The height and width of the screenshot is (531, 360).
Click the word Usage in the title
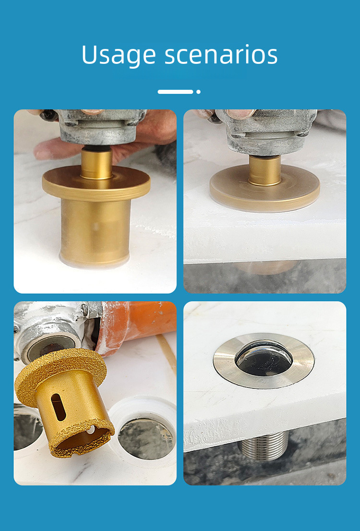point(119,55)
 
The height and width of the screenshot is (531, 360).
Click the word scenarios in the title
point(221,55)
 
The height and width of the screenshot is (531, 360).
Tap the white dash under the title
point(175,92)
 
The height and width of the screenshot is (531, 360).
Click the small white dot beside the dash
point(198,92)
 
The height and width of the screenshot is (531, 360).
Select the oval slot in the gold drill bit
point(58,407)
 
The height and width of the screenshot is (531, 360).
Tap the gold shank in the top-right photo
point(265,170)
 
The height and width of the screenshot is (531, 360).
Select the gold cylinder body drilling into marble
point(96,231)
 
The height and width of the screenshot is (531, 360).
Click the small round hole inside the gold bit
point(90,430)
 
